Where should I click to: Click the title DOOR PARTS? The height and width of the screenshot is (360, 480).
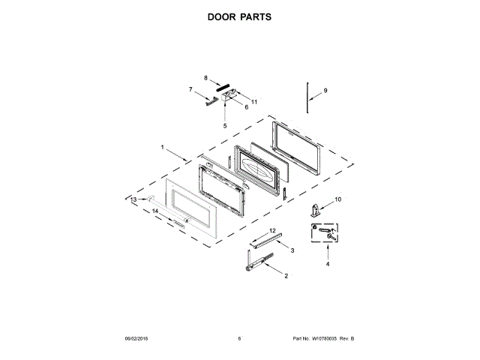tap(240, 16)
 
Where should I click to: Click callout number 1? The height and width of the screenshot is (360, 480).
tap(162, 147)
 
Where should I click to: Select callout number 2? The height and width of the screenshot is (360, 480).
tap(286, 276)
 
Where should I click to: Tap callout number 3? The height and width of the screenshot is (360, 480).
tap(292, 250)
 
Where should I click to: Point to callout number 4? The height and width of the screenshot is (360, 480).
tap(327, 264)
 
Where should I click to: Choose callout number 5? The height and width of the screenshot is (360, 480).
tap(224, 125)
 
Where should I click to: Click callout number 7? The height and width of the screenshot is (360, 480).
tap(190, 89)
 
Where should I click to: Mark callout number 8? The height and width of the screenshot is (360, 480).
tap(205, 77)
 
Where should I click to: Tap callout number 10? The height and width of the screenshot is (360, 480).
tap(337, 199)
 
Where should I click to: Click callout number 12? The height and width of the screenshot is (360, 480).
tap(272, 230)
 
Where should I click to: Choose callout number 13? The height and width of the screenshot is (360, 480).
tap(133, 200)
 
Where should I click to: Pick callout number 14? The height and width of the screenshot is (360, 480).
tap(156, 211)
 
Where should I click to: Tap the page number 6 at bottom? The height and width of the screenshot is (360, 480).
tap(239, 338)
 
